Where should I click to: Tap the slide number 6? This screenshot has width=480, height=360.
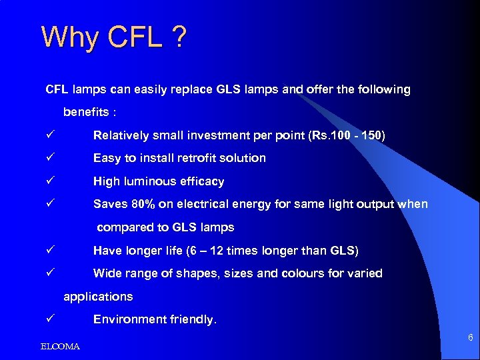[470, 338]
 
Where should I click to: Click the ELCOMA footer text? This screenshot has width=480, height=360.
[60, 347]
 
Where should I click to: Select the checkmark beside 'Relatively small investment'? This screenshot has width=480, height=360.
[49, 135]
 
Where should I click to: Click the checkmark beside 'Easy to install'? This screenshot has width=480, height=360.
[49, 158]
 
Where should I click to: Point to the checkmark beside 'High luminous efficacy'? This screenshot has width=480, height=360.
[49, 181]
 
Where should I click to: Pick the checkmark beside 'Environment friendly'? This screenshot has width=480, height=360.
[49, 319]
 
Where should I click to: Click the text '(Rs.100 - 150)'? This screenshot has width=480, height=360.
[347, 135]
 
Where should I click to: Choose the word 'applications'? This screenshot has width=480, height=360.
[98, 297]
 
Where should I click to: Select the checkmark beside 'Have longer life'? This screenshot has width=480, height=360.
[49, 251]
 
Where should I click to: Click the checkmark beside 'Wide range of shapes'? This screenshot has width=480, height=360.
[49, 273]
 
